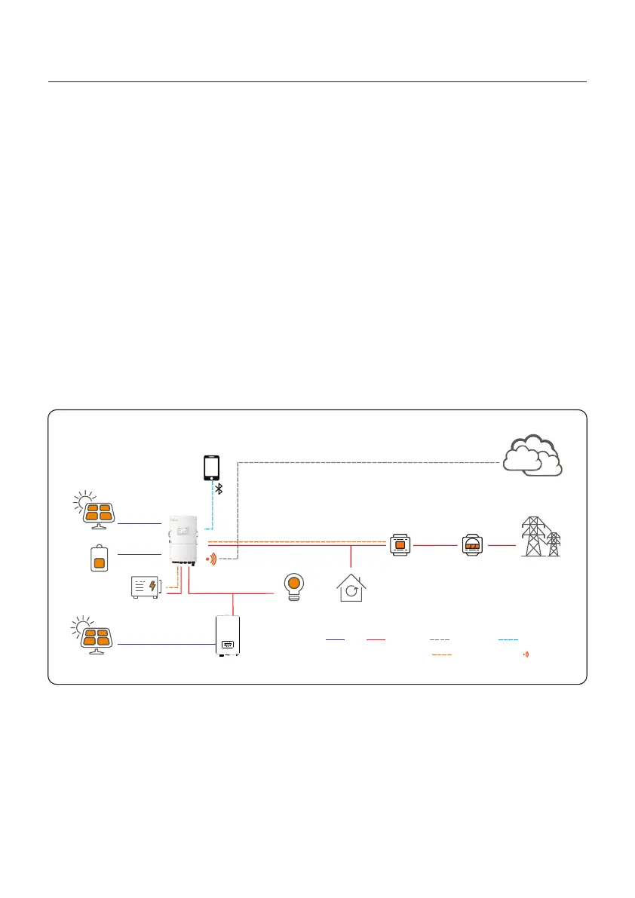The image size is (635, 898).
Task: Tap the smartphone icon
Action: pyautogui.click(x=212, y=467)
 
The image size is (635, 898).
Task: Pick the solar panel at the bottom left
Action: pyautogui.click(x=96, y=635)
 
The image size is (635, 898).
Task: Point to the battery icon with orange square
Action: pyautogui.click(x=99, y=559)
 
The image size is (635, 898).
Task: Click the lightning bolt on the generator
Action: pyautogui.click(x=154, y=586)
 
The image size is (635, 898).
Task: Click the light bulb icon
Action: pyautogui.click(x=294, y=586)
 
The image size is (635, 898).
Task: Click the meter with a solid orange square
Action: pyautogui.click(x=400, y=544)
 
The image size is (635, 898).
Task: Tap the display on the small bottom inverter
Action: pyautogui.click(x=227, y=645)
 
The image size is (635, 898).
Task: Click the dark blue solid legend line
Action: pyautogui.click(x=335, y=639)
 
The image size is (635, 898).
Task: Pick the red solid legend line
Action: pyautogui.click(x=375, y=639)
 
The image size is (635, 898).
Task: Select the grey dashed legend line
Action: pyautogui.click(x=440, y=639)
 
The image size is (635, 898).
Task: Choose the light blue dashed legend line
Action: pyautogui.click(x=508, y=639)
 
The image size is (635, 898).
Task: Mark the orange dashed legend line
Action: pyautogui.click(x=441, y=654)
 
